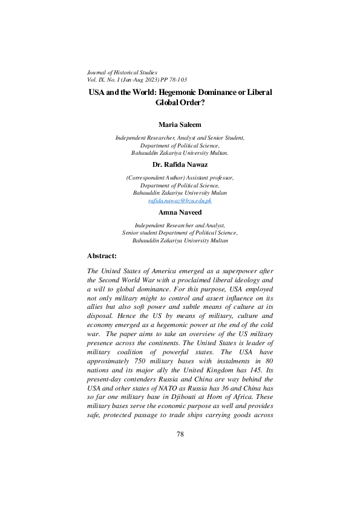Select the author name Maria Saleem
pos(180,125)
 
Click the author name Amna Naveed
pos(180,213)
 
